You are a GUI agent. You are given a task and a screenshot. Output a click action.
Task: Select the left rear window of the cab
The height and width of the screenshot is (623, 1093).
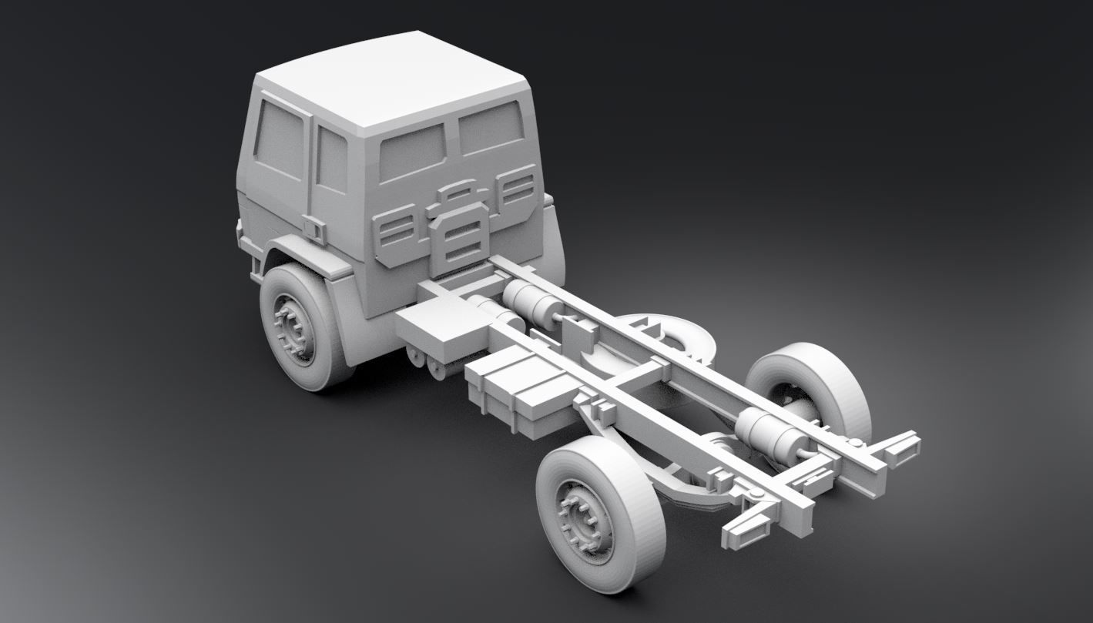(412, 152)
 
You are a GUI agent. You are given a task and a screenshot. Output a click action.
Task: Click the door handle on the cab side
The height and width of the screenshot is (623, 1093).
(314, 229)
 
